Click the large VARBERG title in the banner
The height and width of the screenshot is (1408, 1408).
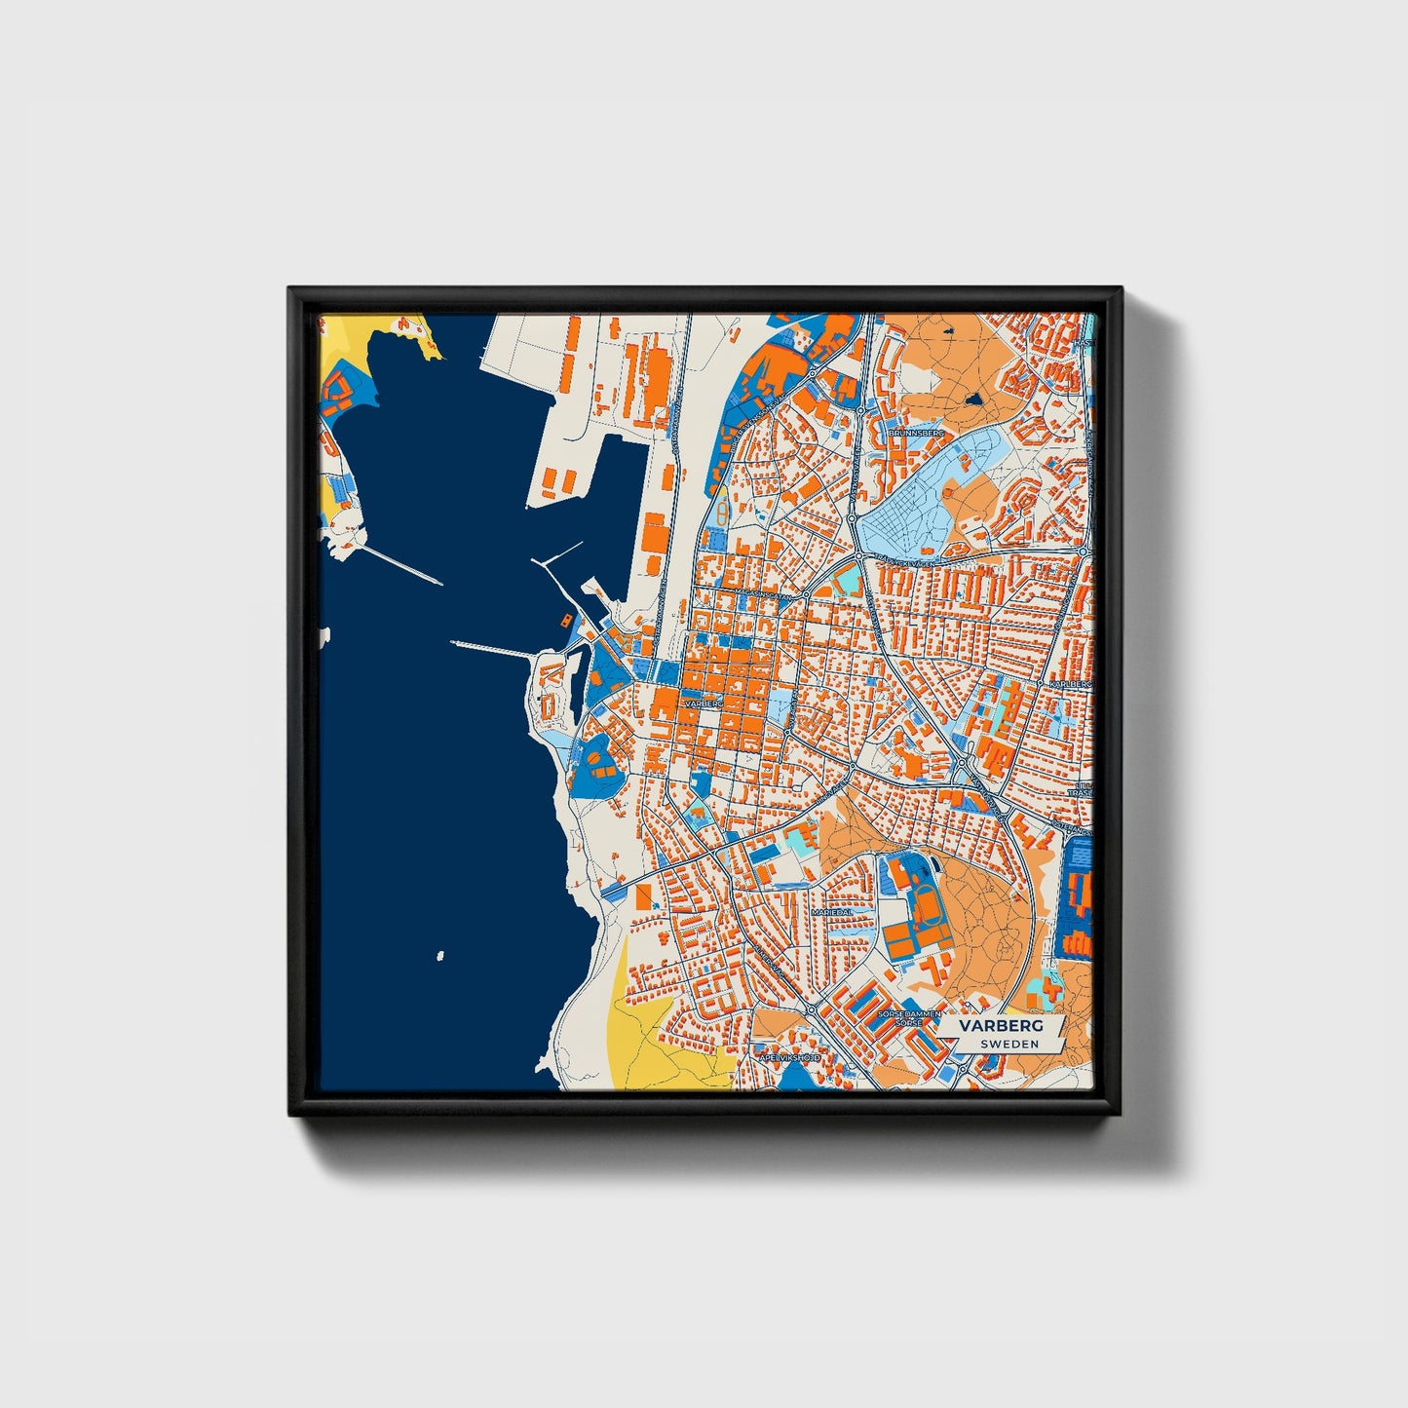coord(1000,1026)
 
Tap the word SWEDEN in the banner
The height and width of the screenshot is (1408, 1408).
coord(1008,1044)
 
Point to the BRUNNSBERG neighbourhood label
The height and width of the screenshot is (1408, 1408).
coord(917,432)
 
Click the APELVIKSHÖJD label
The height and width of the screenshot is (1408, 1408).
coord(789,1056)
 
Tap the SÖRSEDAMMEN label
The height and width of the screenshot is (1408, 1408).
coord(909,1014)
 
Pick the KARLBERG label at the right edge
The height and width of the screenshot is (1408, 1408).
coord(1070,685)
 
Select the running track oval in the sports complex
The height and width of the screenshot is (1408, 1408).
coord(922,905)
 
